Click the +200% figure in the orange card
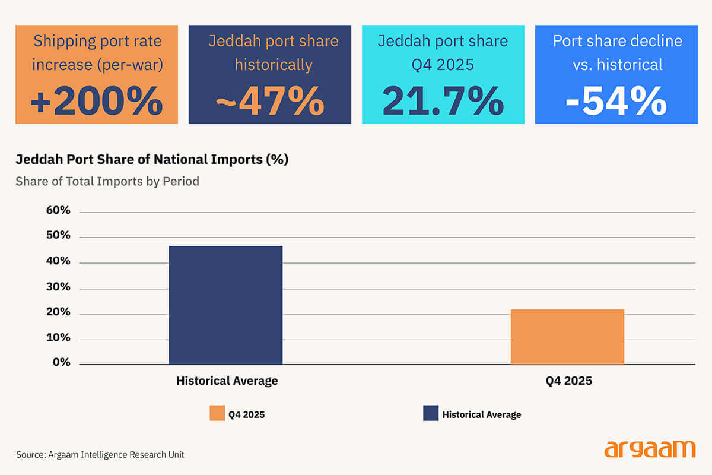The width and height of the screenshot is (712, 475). coord(96,102)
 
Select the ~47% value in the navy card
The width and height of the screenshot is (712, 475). coord(270,102)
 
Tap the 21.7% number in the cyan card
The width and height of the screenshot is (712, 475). coord(443,102)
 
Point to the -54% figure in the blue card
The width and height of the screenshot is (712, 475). coord(616,102)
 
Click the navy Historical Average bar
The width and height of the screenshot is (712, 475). coord(225,305)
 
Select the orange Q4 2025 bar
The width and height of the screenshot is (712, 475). coord(567,337)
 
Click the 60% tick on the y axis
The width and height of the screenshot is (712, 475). coord(58,211)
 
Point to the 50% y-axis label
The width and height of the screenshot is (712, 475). coord(58,236)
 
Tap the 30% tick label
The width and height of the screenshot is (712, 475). coord(58,287)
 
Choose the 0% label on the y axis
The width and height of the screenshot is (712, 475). coord(61,362)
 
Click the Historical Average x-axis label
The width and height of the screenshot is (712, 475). coord(227,381)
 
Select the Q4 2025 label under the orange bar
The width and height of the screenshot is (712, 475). coord(568,381)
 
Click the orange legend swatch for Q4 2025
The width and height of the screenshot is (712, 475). coord(217,413)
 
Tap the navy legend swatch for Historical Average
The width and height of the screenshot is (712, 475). coord(431,413)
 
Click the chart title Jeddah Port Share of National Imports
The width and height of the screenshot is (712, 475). coord(152,160)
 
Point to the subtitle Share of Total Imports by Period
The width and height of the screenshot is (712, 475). coord(107,181)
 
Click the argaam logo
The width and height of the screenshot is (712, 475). coord(650,449)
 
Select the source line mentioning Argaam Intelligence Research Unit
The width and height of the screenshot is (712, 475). coord(100,454)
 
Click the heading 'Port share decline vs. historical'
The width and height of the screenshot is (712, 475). coord(617,52)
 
